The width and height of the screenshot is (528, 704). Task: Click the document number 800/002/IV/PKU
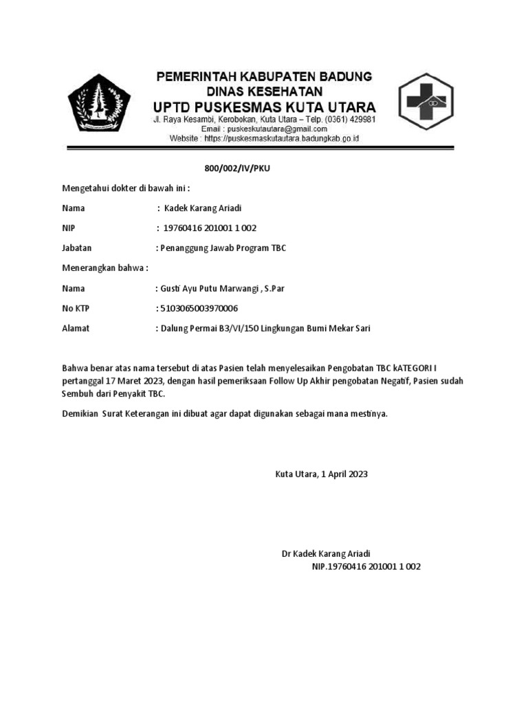pos(233,168)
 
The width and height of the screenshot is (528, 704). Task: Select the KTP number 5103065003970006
pos(199,309)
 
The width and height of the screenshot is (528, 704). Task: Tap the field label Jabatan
pos(76,248)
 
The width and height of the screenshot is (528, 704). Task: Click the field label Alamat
pos(76,329)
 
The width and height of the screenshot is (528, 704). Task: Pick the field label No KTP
pos(77,309)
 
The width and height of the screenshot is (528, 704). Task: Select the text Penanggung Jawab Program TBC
pos(222,248)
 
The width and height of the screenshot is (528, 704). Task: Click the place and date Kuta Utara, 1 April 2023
pos(322,474)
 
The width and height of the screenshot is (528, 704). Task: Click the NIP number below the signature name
pos(366,567)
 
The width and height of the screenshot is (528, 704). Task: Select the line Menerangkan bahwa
pos(105,268)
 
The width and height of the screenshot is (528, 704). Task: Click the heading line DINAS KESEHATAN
pos(264,91)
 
